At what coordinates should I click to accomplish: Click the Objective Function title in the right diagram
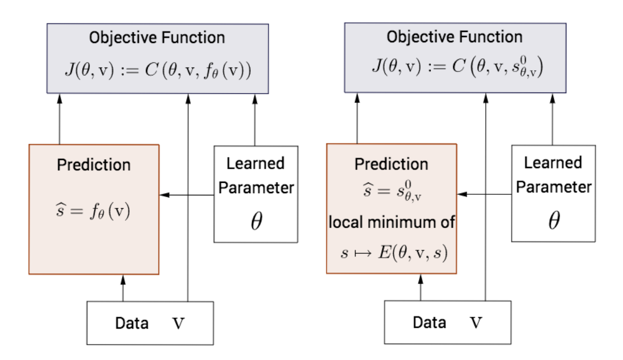click(x=454, y=37)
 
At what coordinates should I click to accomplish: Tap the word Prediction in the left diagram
click(x=94, y=165)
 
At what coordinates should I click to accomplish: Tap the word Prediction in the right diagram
click(x=391, y=164)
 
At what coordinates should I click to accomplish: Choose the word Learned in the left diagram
click(x=255, y=164)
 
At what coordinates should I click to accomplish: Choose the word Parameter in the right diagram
click(x=553, y=187)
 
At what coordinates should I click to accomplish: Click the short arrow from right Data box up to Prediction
click(x=421, y=288)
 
